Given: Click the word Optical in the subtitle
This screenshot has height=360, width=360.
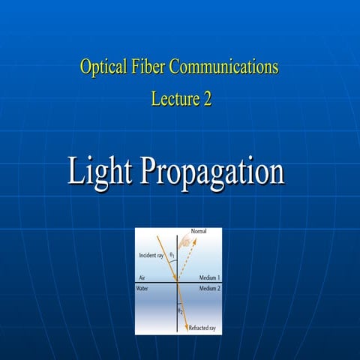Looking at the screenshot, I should click(103, 67).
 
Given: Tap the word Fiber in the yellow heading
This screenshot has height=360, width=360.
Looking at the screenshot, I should click(149, 67).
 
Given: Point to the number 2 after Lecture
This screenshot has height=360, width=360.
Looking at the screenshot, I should click(206, 98).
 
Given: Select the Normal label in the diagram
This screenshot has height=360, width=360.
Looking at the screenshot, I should click(199, 232).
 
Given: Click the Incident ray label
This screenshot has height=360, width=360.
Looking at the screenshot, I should click(152, 256).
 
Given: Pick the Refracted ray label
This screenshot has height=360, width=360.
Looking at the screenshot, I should click(202, 328).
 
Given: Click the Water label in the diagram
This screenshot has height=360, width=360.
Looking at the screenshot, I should click(145, 288).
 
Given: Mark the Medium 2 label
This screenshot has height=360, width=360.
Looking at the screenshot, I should click(209, 288).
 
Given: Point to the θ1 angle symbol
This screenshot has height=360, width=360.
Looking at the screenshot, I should click(172, 255).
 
